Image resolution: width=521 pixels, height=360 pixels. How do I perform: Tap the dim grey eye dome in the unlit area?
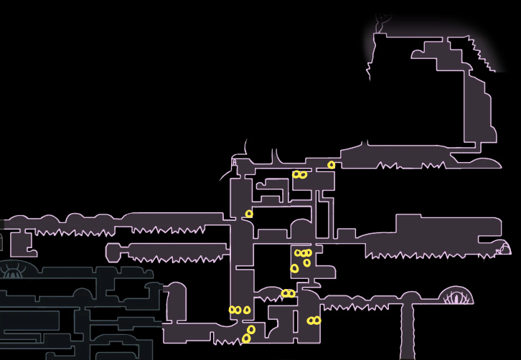pyautogui.click(x=12, y=270)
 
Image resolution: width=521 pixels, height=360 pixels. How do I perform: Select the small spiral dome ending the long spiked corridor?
pyautogui.click(x=504, y=249)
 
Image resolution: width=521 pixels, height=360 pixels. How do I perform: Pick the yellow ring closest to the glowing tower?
pyautogui.click(x=331, y=165)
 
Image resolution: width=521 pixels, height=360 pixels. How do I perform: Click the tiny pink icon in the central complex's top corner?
pyautogui.click(x=234, y=163)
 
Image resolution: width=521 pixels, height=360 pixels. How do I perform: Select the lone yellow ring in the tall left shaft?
pyautogui.click(x=249, y=214)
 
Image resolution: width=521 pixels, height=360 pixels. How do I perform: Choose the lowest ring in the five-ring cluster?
pyautogui.click(x=246, y=338)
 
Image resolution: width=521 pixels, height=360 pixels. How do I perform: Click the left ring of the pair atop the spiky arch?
pyautogui.click(x=285, y=293)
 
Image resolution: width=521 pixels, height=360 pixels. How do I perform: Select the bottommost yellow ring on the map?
pyautogui.click(x=246, y=338)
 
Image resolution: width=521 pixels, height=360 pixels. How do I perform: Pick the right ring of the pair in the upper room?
pyautogui.click(x=304, y=175)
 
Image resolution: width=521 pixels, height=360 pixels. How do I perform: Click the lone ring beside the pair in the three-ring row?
pyautogui.click(x=247, y=311)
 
